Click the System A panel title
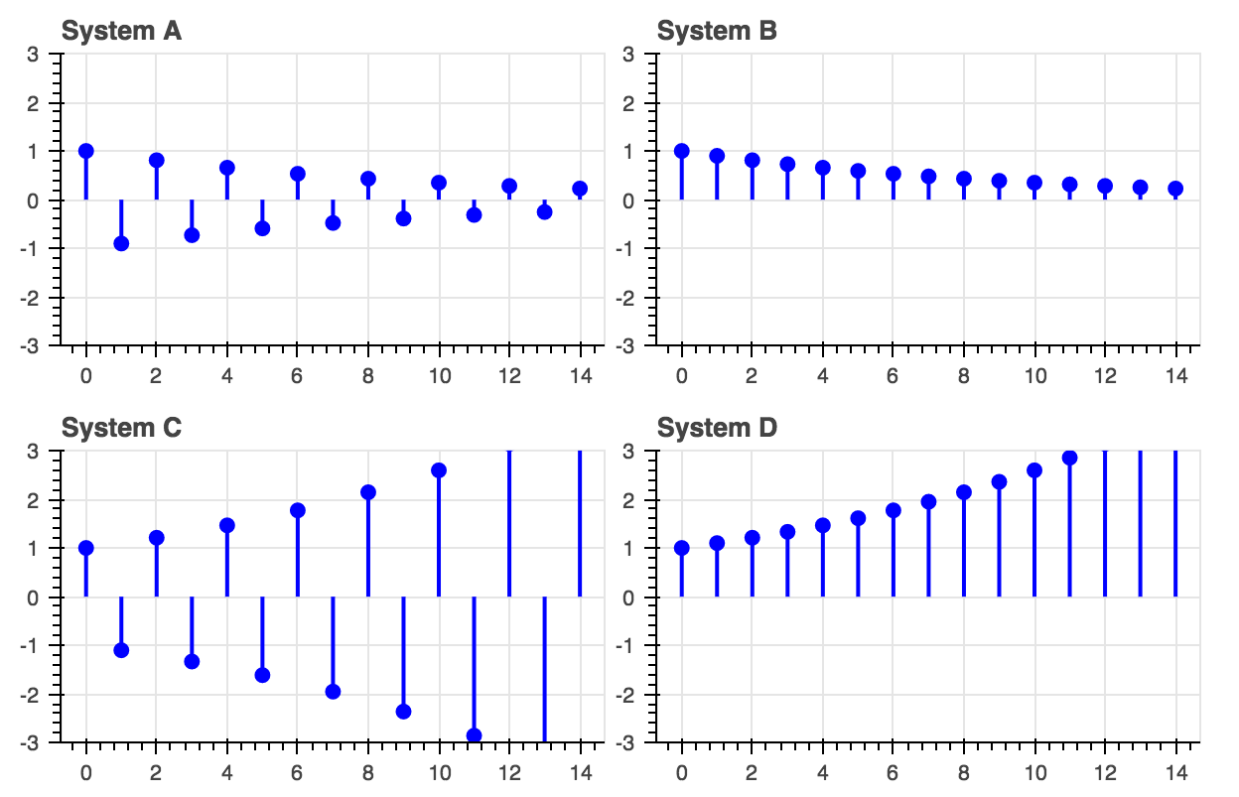click(x=121, y=31)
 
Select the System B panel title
click(x=717, y=31)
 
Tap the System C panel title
click(x=121, y=428)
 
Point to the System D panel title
click(x=717, y=428)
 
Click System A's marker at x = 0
click(x=86, y=151)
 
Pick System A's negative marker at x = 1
click(x=121, y=243)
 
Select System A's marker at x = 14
click(x=580, y=189)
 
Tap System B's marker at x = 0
click(x=682, y=151)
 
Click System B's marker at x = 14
click(x=1175, y=189)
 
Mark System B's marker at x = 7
click(x=928, y=177)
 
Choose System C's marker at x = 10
click(x=439, y=470)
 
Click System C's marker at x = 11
click(x=474, y=735)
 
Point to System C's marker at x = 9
click(x=403, y=711)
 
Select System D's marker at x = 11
click(x=1069, y=458)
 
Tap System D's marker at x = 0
click(x=682, y=548)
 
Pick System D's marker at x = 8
click(x=964, y=492)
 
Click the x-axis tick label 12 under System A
click(x=509, y=376)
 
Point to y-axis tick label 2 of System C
click(x=46, y=500)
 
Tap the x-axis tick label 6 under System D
click(x=894, y=773)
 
